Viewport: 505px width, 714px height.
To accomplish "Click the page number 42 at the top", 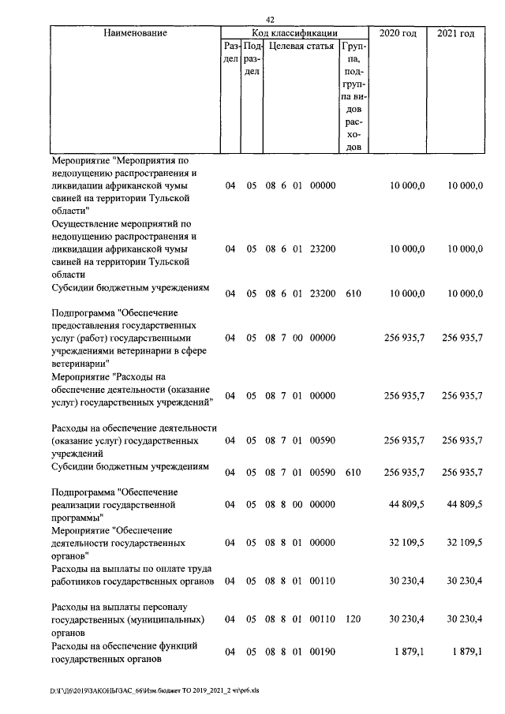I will click(x=271, y=20).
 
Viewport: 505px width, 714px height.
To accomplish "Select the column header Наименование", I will click(x=136, y=33).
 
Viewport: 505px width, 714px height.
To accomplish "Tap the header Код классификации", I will click(x=294, y=33).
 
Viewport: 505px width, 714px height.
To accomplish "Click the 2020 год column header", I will click(x=398, y=33).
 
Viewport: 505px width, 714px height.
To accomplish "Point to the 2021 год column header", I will click(x=456, y=33).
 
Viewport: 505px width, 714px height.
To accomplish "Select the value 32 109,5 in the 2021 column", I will click(x=462, y=544).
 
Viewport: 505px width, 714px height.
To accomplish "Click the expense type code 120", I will click(x=353, y=621).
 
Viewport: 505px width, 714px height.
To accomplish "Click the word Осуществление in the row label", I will click(x=85, y=223).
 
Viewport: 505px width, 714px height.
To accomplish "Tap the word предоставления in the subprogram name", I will click(x=88, y=325).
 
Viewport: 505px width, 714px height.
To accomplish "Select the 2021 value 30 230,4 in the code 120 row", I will click(x=462, y=621).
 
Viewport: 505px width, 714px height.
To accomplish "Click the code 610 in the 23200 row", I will click(x=353, y=293).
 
